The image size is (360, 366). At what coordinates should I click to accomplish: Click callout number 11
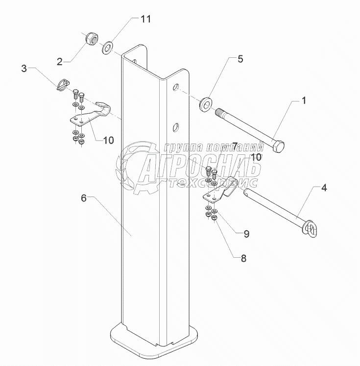tap(146, 20)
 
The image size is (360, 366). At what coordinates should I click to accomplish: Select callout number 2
tap(59, 61)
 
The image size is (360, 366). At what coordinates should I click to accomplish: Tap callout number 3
tap(24, 68)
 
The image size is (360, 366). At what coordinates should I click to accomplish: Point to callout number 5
tap(240, 59)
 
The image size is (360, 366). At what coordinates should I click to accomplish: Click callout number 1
tap(303, 101)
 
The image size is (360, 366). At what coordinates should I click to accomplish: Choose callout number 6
tap(83, 198)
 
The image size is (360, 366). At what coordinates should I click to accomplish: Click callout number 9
tap(246, 234)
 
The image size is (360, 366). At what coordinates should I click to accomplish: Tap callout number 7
tap(235, 146)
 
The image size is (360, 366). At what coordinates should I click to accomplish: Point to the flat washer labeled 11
tap(107, 48)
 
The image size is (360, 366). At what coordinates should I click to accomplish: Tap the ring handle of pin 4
tap(310, 229)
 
